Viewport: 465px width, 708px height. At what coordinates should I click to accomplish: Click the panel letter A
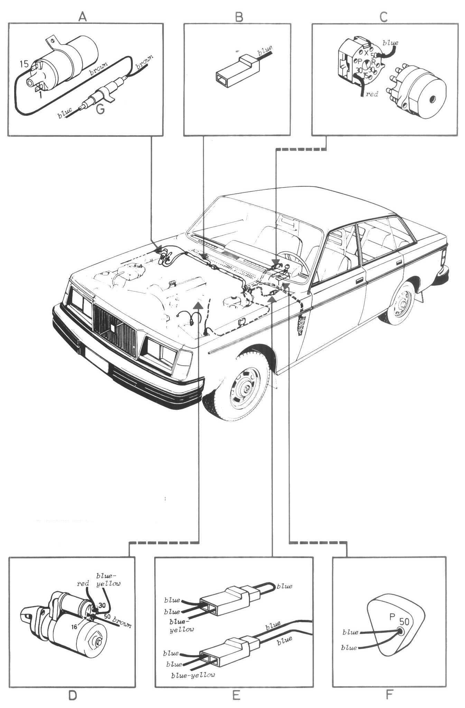82,17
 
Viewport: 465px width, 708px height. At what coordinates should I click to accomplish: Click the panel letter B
239,17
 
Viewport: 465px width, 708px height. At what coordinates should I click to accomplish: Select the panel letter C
383,17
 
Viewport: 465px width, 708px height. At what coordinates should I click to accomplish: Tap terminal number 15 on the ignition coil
24,64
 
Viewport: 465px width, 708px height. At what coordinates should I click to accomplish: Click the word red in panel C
372,94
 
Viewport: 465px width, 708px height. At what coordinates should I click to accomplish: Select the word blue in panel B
265,50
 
